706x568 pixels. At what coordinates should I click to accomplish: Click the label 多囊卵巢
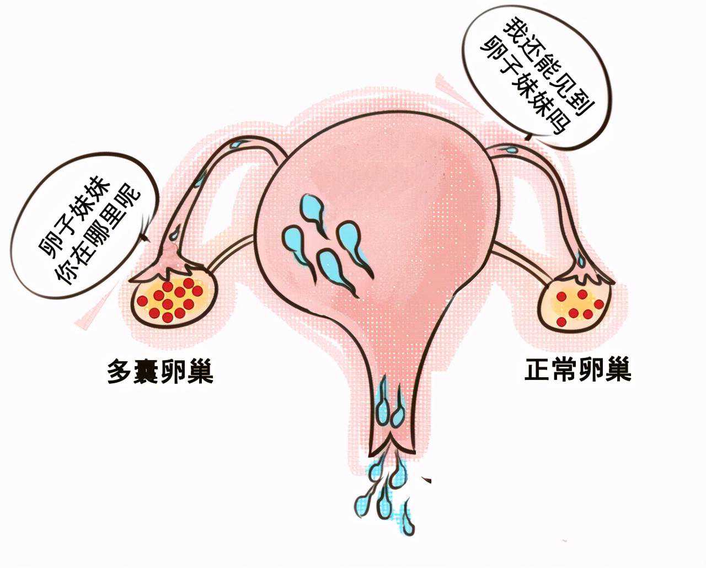coord(160,371)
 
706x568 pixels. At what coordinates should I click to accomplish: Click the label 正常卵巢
coord(578,369)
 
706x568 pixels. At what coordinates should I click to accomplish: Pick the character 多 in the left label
coord(120,371)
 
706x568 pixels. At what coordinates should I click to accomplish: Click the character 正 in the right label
coord(538,369)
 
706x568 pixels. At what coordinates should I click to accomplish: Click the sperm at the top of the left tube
coord(238,144)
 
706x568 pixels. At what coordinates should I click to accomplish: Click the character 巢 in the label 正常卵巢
coord(619,369)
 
